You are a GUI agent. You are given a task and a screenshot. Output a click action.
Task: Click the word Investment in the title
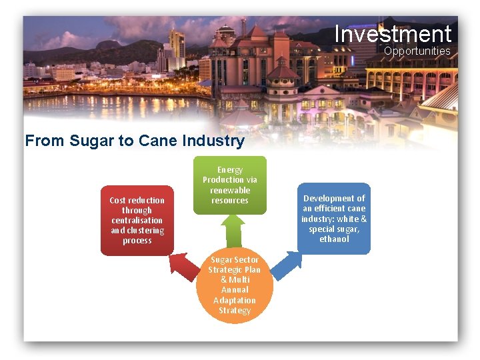(393, 33)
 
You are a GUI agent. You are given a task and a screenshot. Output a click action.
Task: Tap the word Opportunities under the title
(417, 51)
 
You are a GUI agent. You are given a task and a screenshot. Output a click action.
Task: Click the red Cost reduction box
(137, 221)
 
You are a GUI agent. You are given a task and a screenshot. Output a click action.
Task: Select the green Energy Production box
(230, 185)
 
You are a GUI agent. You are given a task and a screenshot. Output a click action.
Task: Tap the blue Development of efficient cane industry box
(334, 218)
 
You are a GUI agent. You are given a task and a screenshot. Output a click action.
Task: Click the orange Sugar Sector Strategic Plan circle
(235, 285)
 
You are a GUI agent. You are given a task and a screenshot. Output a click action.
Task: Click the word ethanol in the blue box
(334, 239)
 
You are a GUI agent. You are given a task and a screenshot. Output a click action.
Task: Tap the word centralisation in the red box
(137, 221)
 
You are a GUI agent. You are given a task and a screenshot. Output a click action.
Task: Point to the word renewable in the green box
(230, 191)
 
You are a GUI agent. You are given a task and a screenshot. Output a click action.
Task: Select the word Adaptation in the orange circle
(234, 301)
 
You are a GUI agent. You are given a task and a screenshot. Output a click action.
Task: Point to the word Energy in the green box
(230, 170)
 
